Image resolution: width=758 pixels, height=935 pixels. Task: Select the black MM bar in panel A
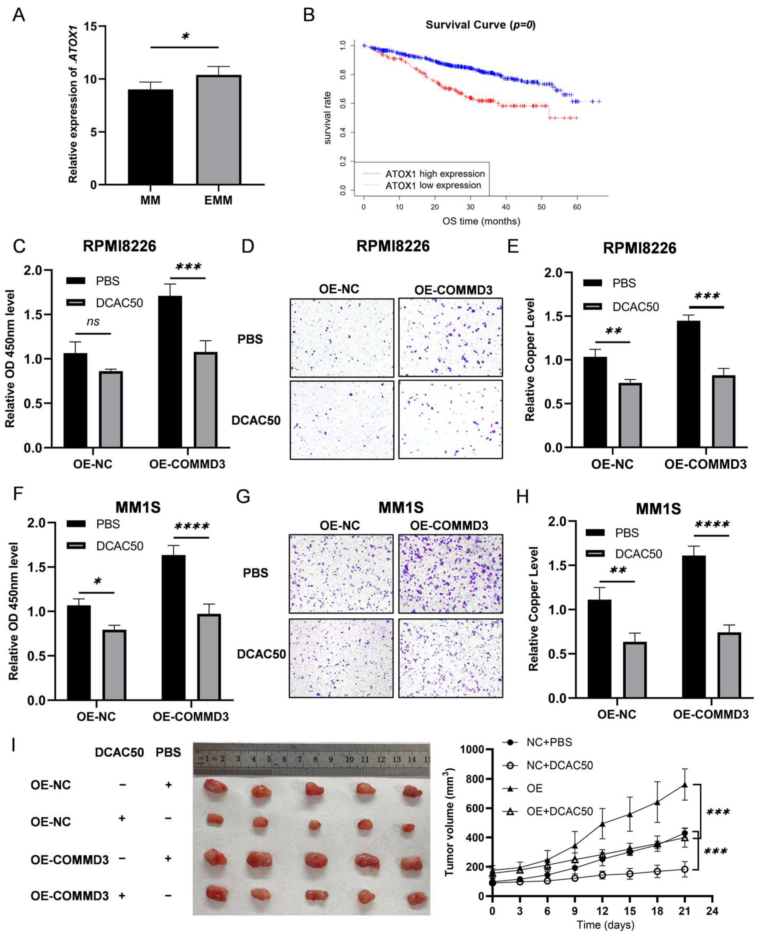pyautogui.click(x=150, y=137)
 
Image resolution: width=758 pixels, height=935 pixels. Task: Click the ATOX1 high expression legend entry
pyautogui.click(x=434, y=174)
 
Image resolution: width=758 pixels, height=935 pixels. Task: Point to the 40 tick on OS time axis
pyautogui.click(x=506, y=207)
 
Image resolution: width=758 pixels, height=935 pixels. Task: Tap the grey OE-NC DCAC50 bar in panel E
pyautogui.click(x=630, y=415)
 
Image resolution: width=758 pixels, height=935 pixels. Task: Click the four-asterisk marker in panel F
pyautogui.click(x=192, y=527)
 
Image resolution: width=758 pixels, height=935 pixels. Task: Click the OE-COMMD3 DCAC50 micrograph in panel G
pyautogui.click(x=450, y=658)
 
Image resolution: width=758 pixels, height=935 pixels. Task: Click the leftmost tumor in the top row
pyautogui.click(x=215, y=785)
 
